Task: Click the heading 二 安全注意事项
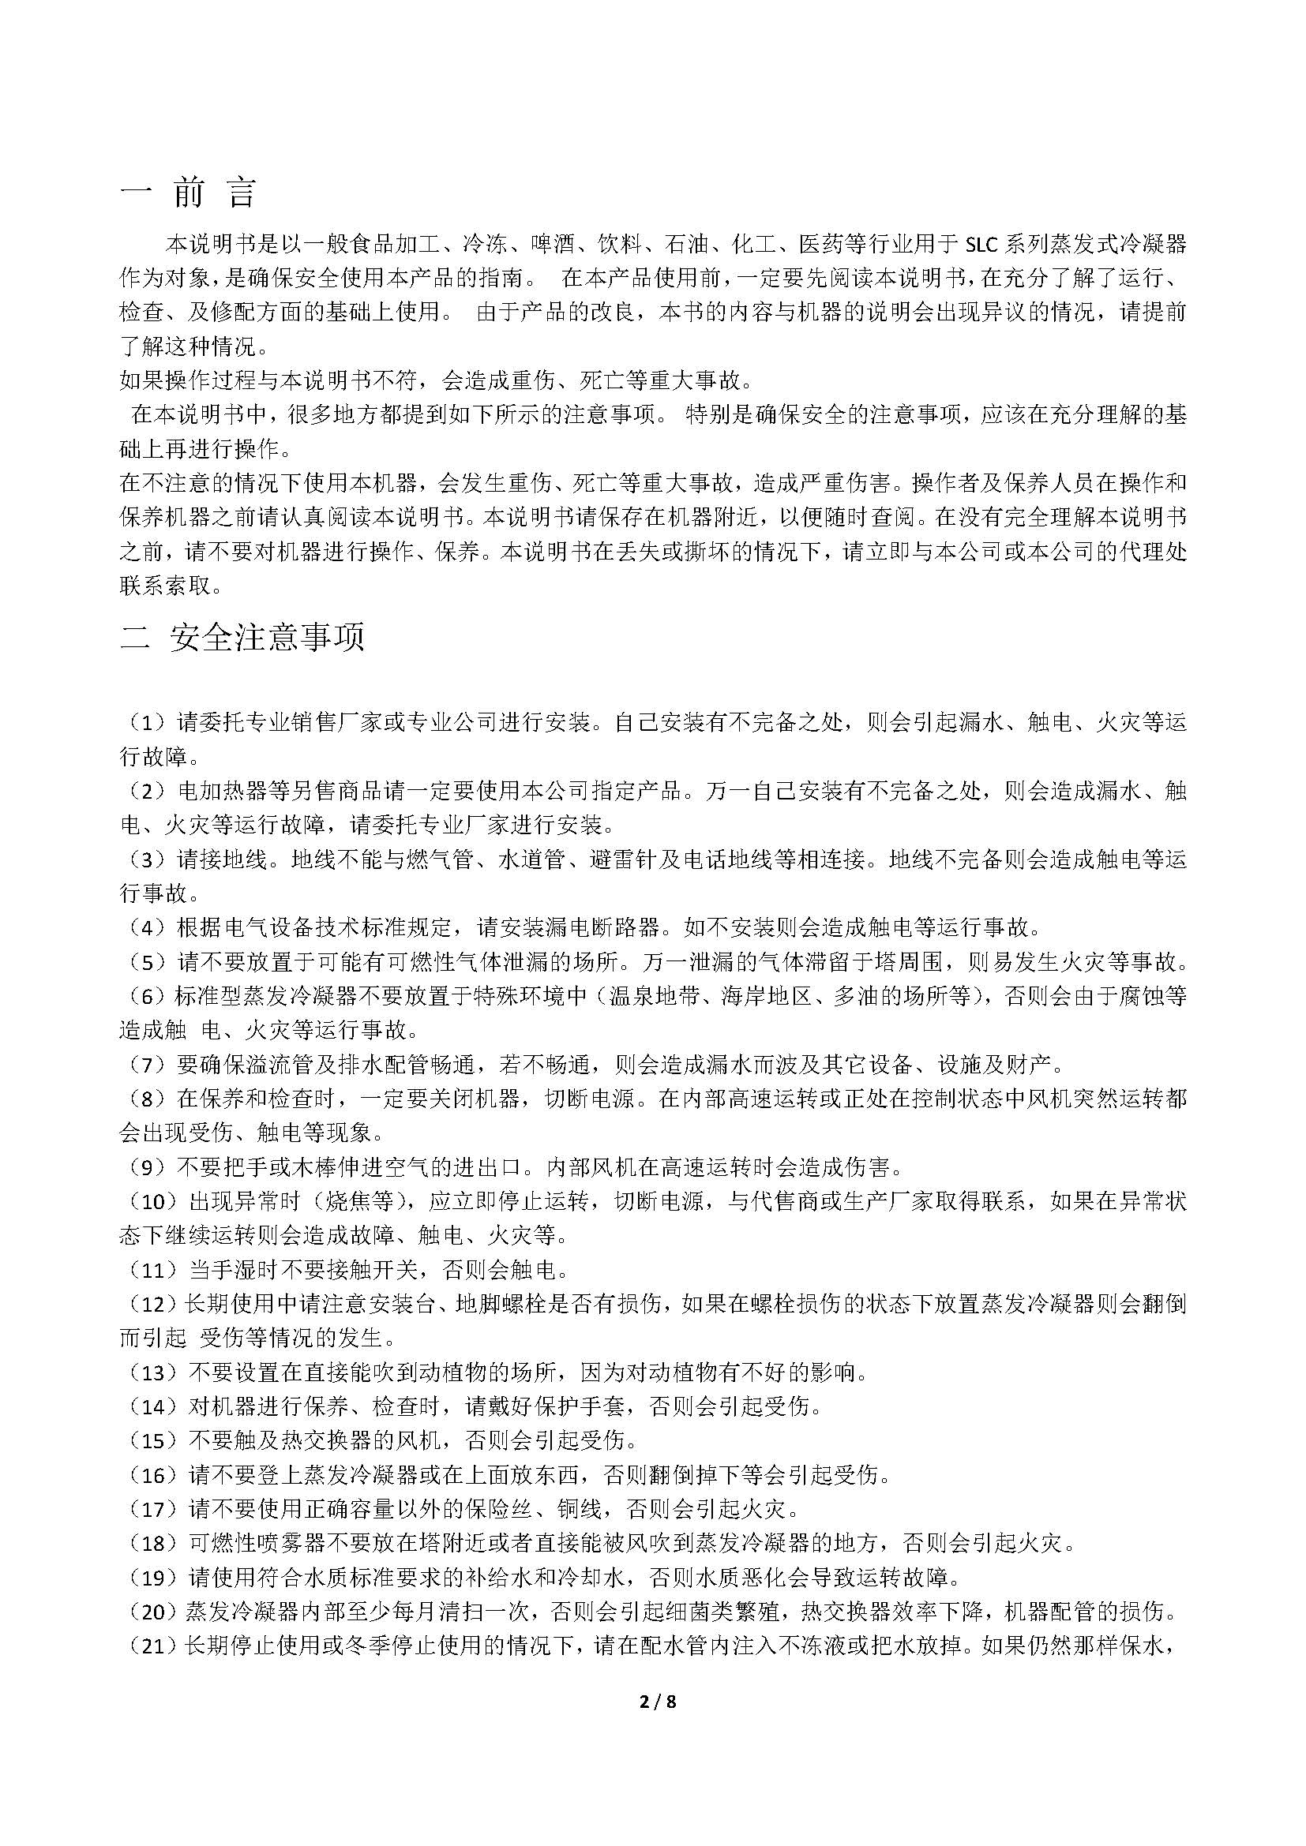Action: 242,637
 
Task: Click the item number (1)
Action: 147,723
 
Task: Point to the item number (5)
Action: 147,961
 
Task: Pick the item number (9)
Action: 147,1166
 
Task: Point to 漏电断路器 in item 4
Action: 579,927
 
